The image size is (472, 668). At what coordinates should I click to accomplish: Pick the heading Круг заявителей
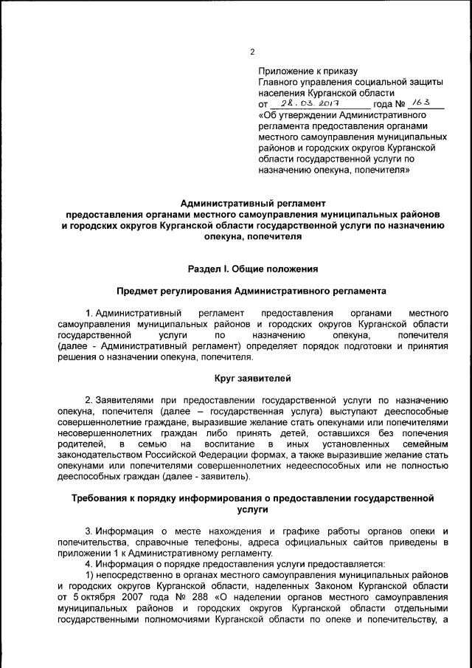coord(253,379)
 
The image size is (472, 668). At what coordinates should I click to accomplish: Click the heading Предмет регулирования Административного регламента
coord(253,292)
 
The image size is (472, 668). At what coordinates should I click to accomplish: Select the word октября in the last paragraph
coord(91,596)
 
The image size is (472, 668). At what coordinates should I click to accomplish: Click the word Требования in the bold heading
coord(103,498)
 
